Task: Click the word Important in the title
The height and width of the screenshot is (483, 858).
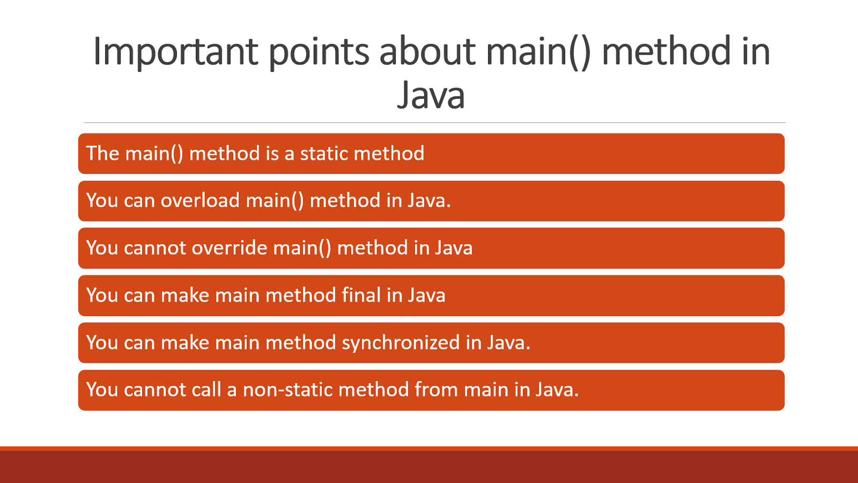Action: coord(175,52)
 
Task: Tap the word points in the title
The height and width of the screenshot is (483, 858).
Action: coord(319,52)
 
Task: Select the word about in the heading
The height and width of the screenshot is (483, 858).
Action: coord(427,52)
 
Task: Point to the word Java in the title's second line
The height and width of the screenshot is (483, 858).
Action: coord(431,96)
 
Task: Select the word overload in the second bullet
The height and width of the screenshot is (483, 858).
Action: coord(200,201)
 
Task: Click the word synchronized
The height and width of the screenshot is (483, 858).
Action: coord(401,343)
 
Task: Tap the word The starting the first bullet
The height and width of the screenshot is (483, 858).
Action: coord(102,153)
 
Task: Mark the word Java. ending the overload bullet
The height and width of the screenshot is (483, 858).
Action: coord(429,201)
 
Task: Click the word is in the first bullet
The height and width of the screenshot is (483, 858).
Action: coord(272,153)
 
